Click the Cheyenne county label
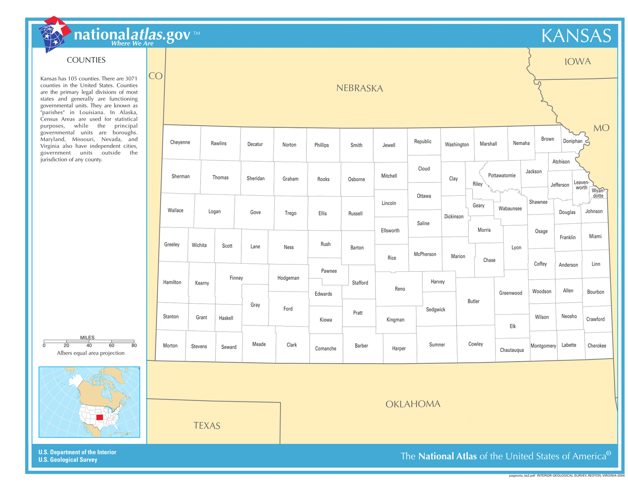(180, 142)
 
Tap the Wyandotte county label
(598, 193)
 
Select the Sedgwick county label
(435, 310)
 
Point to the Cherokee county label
(597, 346)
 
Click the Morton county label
(170, 346)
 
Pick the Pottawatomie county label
(502, 175)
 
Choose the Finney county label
(236, 278)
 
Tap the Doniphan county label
(572, 141)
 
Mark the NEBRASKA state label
(359, 88)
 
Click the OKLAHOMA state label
(413, 404)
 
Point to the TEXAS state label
(207, 426)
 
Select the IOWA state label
(577, 62)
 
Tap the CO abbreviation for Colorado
(155, 76)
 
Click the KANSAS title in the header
(576, 36)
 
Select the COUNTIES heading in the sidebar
(86, 60)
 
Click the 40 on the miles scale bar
(89, 346)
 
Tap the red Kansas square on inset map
(100, 417)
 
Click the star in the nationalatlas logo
(57, 28)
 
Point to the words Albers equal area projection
(90, 353)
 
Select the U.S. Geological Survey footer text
(68, 460)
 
